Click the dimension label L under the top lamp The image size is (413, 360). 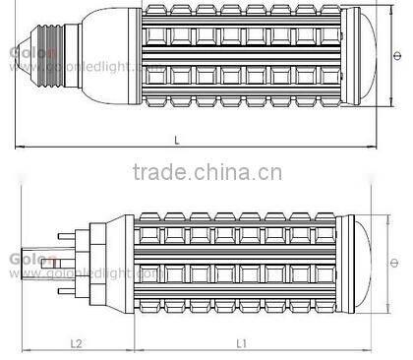pyautogui.click(x=176, y=141)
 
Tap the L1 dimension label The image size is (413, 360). pyautogui.click(x=241, y=343)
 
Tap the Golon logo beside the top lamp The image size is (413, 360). pyautogui.click(x=22, y=46)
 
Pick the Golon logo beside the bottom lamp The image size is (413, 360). pyautogui.click(x=21, y=253)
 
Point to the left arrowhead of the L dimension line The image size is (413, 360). pyautogui.click(x=20, y=150)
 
